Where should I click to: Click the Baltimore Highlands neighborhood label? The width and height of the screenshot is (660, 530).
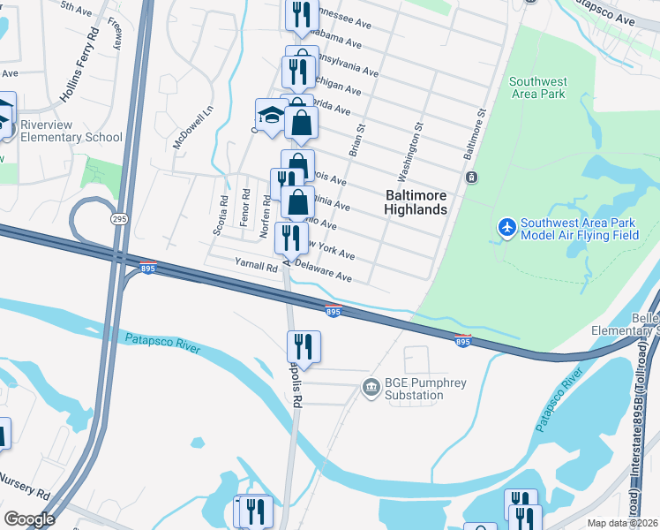tap(416, 202)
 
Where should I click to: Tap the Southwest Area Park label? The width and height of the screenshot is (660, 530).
tap(537, 87)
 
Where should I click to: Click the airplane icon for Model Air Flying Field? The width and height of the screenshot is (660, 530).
tap(507, 228)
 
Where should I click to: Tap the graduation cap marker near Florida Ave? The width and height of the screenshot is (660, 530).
tap(271, 114)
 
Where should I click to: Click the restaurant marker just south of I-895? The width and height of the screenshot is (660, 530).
tap(303, 345)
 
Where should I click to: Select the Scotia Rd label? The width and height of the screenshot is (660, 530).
tap(221, 216)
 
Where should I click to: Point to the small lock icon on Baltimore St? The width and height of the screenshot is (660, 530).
tap(472, 178)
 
